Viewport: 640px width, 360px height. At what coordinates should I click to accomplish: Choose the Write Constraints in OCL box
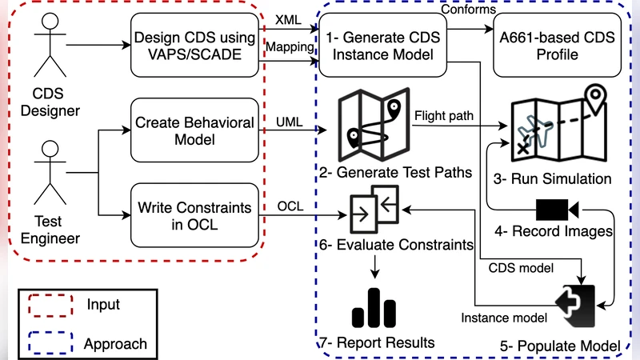(194, 215)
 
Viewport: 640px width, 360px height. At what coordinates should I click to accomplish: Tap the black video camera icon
(557, 209)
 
